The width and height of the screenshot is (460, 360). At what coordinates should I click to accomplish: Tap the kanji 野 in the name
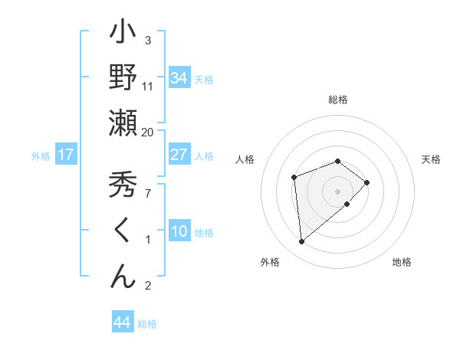pos(123,77)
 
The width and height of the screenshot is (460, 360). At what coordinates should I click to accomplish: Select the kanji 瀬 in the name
pos(123,123)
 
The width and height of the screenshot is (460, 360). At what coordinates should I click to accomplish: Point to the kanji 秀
pos(123,185)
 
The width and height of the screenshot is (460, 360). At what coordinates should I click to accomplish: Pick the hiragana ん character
pos(123,277)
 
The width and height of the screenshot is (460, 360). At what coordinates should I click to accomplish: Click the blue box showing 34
pos(179,78)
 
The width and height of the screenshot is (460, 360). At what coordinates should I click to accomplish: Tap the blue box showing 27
pos(179,155)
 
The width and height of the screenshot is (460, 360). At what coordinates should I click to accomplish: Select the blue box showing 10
pos(179,231)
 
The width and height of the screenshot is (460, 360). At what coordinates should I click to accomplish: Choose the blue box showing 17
pos(65,155)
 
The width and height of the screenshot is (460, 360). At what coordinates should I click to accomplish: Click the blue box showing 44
pos(122,322)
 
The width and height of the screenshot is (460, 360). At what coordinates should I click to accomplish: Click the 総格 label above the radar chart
pos(337,100)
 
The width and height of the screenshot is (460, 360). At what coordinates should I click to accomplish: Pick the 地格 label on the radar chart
pos(402,262)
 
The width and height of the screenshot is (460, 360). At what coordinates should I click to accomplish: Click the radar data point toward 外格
pos(302,242)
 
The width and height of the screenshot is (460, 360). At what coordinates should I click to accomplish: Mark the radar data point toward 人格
pos(294,178)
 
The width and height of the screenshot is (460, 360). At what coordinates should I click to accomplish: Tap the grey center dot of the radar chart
pos(337,191)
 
